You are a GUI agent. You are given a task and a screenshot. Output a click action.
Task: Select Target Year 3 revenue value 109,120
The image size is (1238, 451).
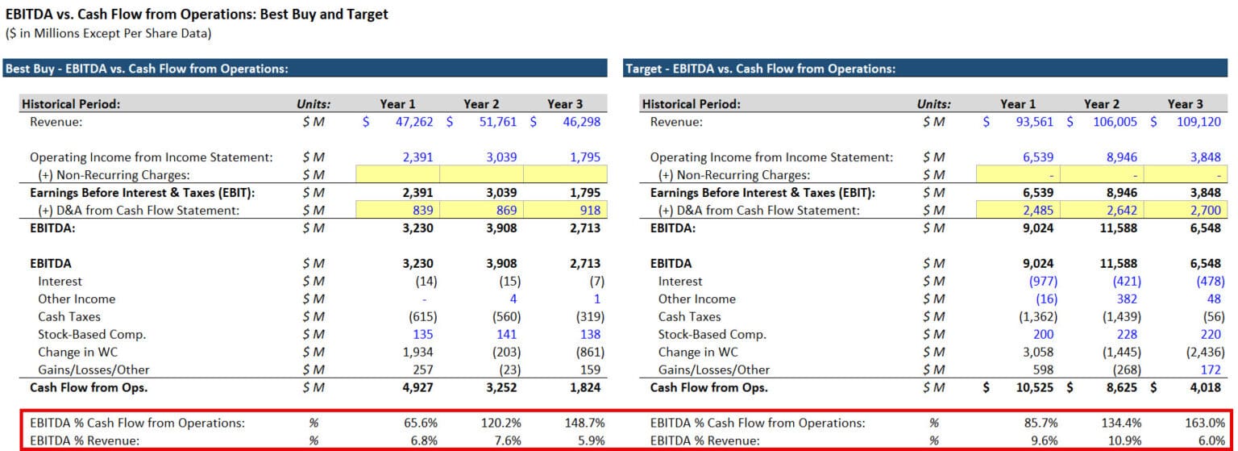1198,122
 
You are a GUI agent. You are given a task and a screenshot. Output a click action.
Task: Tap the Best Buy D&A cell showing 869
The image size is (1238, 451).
502,210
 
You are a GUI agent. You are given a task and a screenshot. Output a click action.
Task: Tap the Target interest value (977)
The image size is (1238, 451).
1040,281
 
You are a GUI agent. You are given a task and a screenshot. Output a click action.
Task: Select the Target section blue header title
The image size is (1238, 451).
761,69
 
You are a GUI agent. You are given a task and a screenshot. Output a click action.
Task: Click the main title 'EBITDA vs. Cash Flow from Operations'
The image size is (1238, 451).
197,14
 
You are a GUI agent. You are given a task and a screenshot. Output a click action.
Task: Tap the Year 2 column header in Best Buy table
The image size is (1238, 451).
481,104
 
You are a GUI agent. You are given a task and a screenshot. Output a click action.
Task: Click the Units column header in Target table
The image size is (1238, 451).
933,104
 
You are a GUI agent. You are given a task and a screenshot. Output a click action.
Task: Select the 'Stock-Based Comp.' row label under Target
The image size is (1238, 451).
712,334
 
